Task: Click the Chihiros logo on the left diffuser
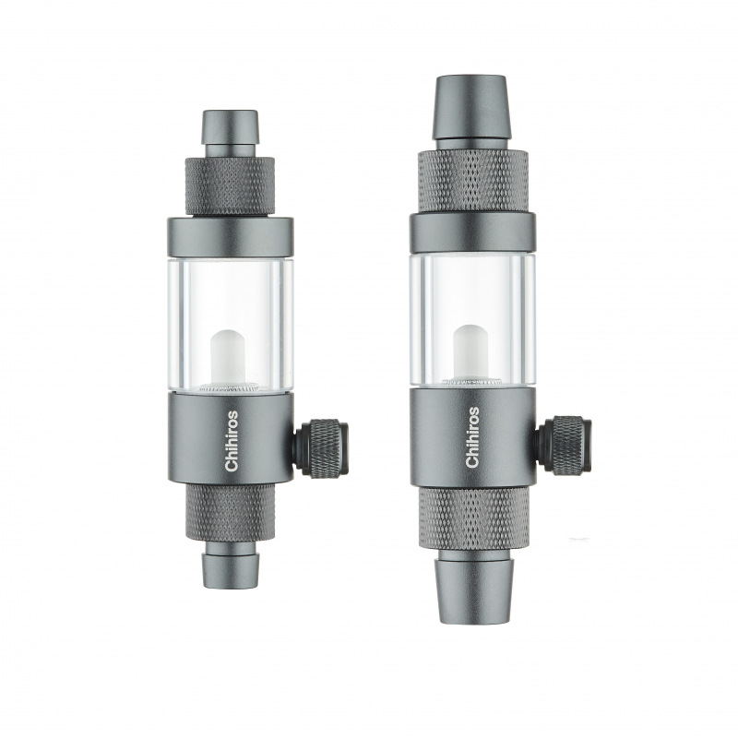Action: pyautogui.click(x=232, y=441)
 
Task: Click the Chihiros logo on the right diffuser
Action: pyautogui.click(x=472, y=437)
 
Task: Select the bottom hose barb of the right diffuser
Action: pyautogui.click(x=472, y=590)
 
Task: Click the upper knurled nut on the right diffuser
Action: pyautogui.click(x=472, y=182)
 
